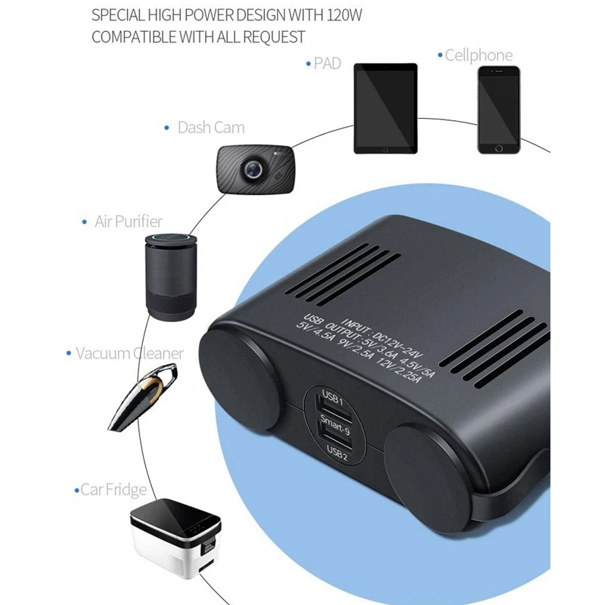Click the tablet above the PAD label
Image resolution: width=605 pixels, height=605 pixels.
coord(385,108)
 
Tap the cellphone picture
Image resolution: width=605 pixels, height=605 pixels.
coord(498,110)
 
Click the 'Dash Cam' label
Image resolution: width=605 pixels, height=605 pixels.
coord(210,128)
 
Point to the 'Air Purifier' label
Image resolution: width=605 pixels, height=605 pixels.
coord(128,222)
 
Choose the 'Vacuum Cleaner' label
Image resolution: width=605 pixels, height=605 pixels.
coord(129,353)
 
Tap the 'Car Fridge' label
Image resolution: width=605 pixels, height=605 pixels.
coord(113,490)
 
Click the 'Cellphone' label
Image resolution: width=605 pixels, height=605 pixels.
coord(478,55)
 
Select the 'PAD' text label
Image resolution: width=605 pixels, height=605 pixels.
coord(327,64)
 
